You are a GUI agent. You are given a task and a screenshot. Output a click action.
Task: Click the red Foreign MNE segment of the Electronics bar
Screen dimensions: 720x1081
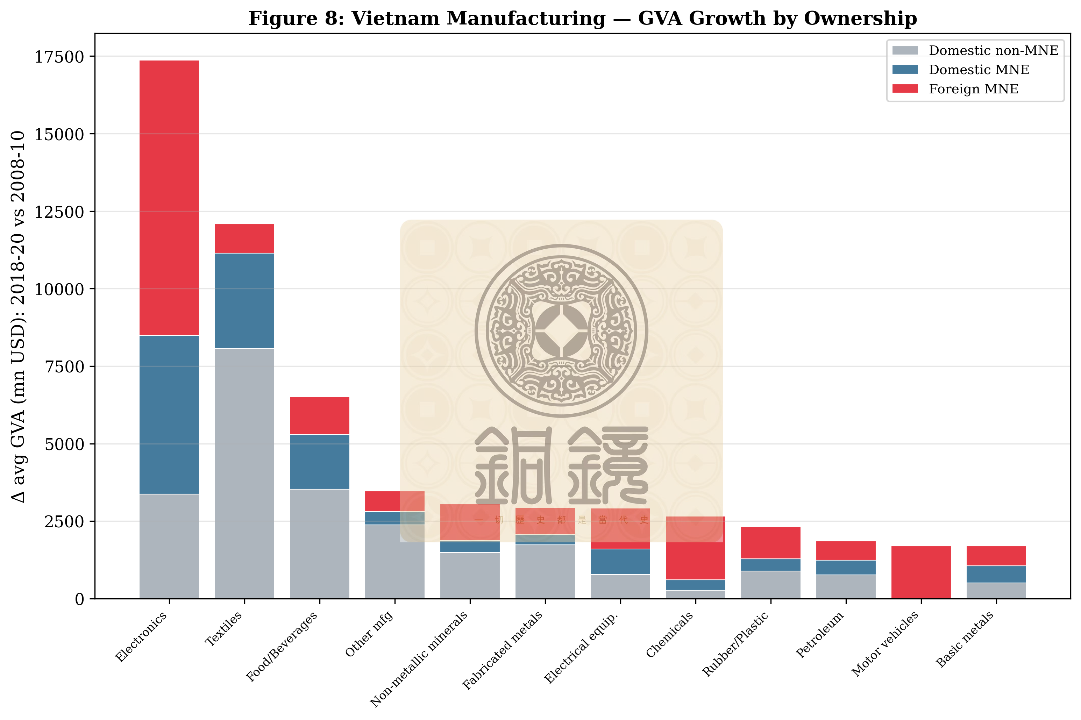[x=169, y=198]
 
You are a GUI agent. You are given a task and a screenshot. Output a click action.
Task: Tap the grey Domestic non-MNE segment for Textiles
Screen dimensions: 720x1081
[x=244, y=473]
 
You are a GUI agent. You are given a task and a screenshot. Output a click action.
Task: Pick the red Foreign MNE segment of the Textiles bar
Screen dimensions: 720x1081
[x=244, y=238]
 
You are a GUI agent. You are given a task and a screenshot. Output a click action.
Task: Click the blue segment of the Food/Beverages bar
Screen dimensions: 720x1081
[x=319, y=462]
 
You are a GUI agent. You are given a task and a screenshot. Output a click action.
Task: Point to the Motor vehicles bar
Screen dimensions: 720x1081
[x=921, y=572]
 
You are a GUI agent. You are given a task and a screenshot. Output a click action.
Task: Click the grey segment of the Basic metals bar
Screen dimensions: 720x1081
[x=996, y=591]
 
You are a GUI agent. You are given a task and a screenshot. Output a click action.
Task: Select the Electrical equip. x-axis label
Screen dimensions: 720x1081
[x=581, y=648]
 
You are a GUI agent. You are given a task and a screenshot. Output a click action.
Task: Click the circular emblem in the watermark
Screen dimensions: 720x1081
[x=561, y=330]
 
